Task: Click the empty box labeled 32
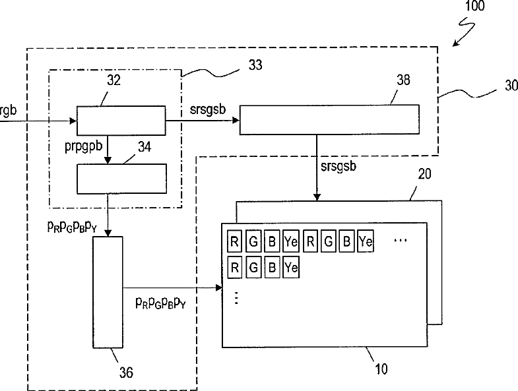(121, 121)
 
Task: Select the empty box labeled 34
(121, 179)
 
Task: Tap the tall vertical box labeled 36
(108, 292)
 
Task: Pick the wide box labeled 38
(329, 119)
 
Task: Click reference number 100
(474, 6)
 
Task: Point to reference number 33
(255, 65)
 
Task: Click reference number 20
(424, 174)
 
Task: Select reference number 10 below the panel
(381, 369)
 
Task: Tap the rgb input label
(8, 111)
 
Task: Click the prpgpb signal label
(84, 146)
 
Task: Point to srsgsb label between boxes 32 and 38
(208, 109)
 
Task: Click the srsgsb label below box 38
(339, 165)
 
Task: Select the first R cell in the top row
(234, 241)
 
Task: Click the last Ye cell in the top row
(366, 241)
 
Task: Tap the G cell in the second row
(253, 267)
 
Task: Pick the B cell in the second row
(272, 267)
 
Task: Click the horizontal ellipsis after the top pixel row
(401, 241)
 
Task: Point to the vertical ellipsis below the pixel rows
(236, 297)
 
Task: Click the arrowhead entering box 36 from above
(108, 233)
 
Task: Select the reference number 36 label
(126, 373)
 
